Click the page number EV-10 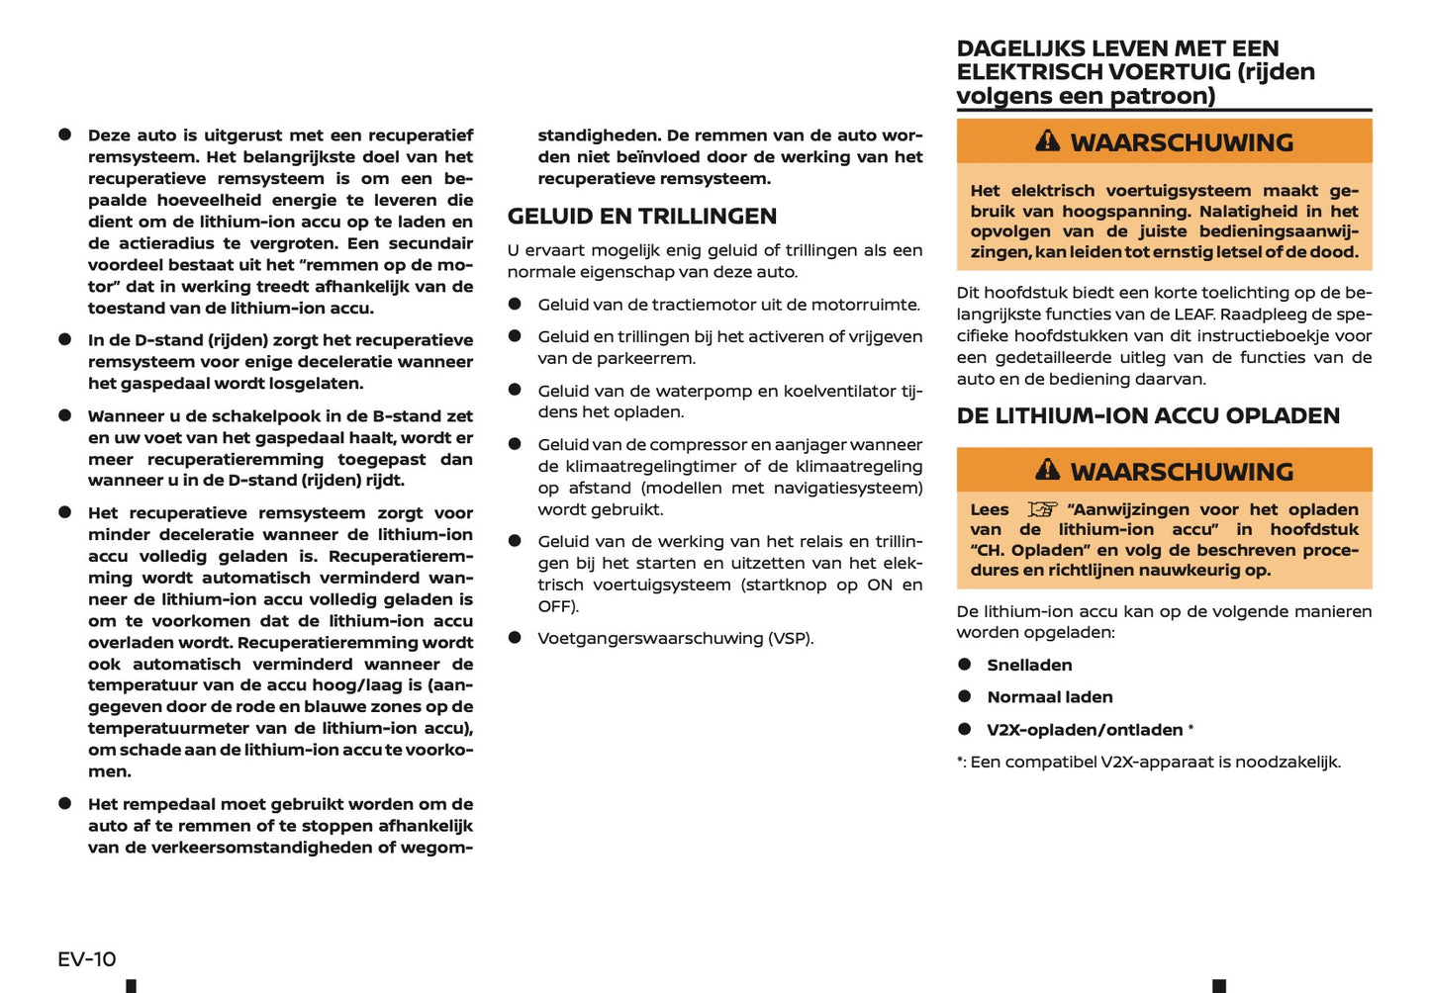coord(87,958)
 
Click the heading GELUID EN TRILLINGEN coord(641,217)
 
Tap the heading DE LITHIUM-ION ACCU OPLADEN coord(1147,416)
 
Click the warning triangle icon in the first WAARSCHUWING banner coord(1047,141)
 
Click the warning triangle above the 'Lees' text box coord(1047,470)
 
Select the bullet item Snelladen coord(1029,666)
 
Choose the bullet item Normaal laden coord(1049,697)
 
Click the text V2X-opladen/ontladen coord(1084,730)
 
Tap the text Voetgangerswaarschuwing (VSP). coord(675,639)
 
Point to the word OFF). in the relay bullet coord(558,606)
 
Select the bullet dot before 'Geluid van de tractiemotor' coord(515,305)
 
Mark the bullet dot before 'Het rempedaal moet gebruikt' coord(65,804)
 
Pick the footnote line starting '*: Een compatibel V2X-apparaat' coord(1148,763)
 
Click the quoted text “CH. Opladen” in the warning coord(1029,550)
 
